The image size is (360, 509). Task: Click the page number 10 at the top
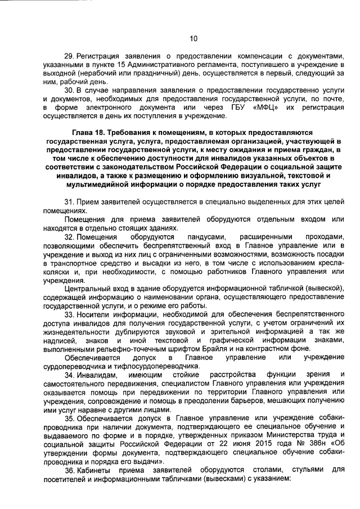point(193,38)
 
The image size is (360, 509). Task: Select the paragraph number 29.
point(70,57)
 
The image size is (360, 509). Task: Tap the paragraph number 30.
point(70,90)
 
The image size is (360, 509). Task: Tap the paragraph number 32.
point(70,237)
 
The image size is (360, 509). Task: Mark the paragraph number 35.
point(70,418)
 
